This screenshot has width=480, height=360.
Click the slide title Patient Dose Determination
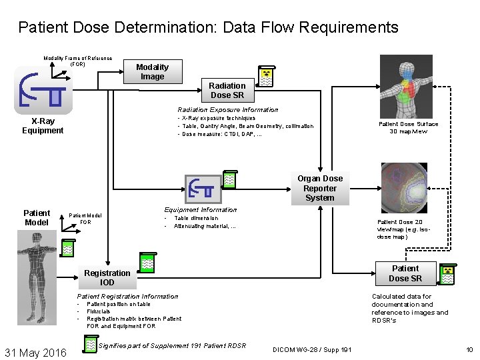pos(208,27)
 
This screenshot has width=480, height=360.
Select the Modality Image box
pos(152,72)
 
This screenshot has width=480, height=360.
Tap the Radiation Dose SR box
pos(227,91)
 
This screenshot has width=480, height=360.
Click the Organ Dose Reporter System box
pos(320,188)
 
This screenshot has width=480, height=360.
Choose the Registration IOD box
pos(107,277)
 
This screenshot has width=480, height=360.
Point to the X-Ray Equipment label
pos(43,126)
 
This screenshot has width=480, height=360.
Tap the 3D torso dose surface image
pos(405,86)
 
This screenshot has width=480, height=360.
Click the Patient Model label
pos(37,218)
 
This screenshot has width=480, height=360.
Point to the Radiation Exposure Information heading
pos(228,110)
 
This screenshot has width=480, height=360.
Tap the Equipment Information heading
pos(201,210)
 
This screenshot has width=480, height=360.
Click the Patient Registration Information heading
pos(128,297)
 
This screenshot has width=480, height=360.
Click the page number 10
pos(469,350)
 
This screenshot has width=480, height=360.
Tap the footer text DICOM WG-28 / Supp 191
pos(313,350)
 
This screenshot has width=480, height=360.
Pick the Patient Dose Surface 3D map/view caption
pos(408,127)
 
